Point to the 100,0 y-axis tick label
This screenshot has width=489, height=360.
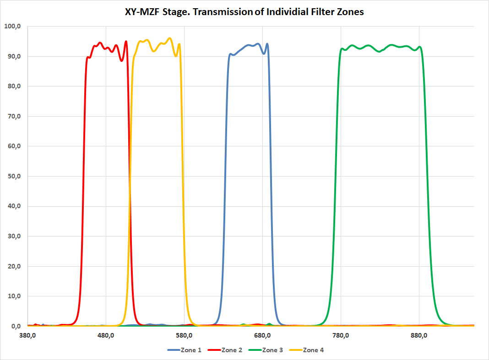(12, 27)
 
